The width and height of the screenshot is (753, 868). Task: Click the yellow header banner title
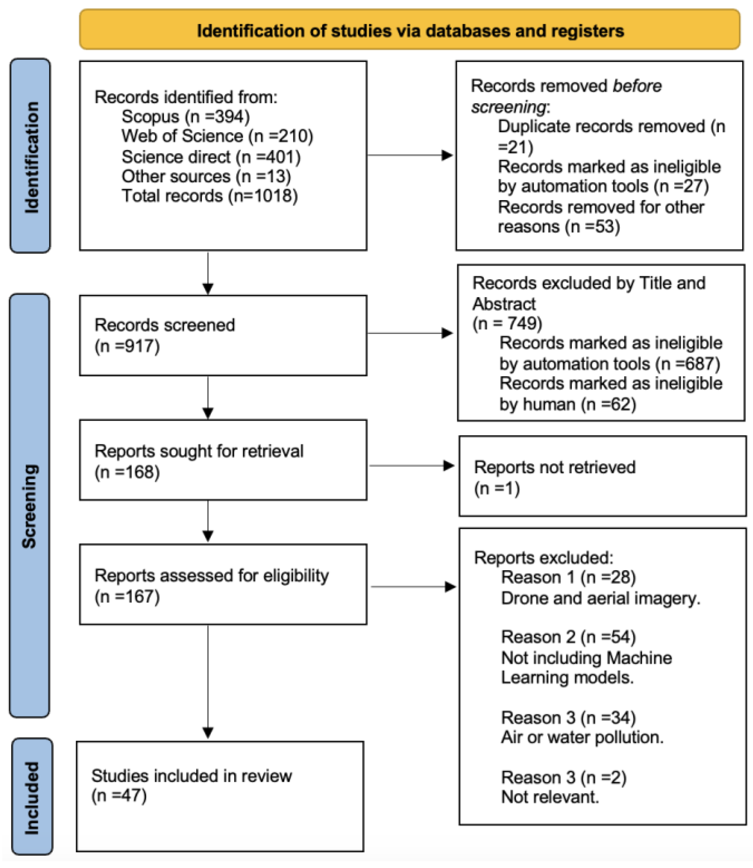[410, 31]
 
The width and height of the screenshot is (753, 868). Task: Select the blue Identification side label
[31, 156]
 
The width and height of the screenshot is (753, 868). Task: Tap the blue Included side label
[32, 798]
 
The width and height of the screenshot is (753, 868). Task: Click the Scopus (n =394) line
[185, 117]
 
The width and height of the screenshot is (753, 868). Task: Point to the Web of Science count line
[217, 136]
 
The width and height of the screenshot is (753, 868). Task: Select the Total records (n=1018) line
[209, 196]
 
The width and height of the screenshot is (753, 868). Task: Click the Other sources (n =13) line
[206, 176]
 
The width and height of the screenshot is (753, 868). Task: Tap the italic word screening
[508, 107]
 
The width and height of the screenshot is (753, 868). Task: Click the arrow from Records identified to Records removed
[410, 155]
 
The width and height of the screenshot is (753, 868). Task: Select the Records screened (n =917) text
[164, 335]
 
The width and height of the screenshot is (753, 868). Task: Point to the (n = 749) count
[507, 324]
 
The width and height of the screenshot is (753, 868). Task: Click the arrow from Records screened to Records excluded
[410, 333]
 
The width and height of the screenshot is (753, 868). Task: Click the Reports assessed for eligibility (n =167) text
[212, 585]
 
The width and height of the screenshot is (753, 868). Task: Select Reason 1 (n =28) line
[568, 578]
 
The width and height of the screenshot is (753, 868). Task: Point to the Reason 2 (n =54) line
[568, 637]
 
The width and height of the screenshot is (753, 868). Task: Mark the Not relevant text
[550, 797]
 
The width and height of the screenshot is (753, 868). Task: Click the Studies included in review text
[191, 776]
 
